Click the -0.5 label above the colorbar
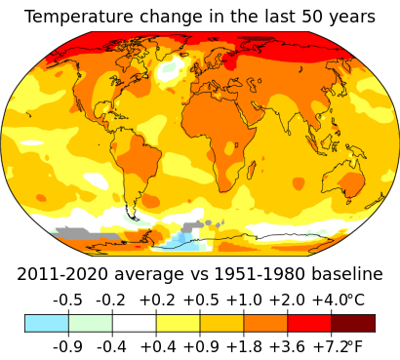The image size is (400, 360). [67, 300]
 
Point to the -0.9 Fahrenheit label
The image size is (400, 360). [67, 345]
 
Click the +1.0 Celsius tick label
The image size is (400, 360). [244, 300]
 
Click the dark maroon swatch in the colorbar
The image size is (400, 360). [352, 323]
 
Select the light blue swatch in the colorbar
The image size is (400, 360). [46, 323]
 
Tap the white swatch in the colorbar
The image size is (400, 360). [134, 323]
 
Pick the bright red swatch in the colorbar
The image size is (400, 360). [309, 323]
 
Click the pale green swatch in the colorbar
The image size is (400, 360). [90, 323]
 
